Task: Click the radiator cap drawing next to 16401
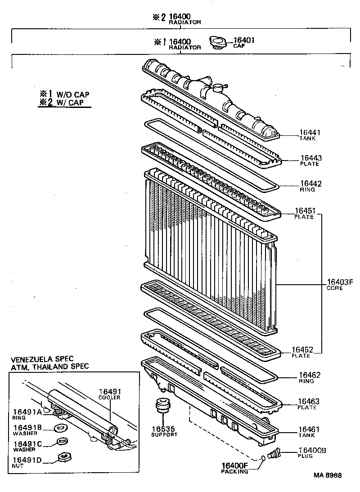click(219, 42)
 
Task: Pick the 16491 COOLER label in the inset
click(110, 394)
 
